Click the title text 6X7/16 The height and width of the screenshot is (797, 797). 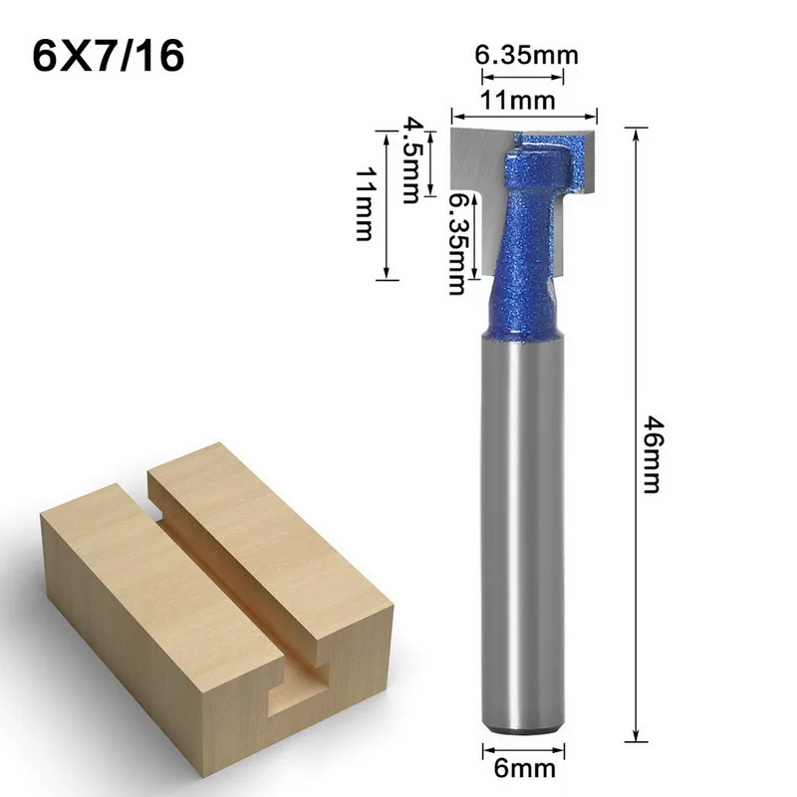pos(109,55)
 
